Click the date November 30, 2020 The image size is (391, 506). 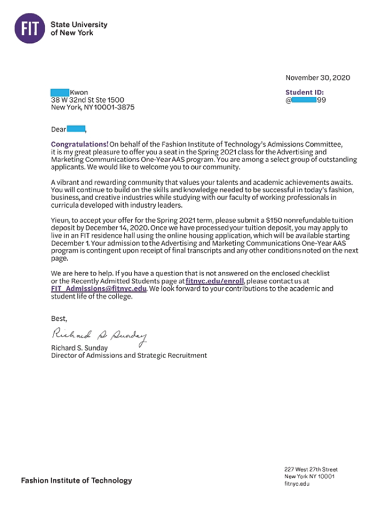[x=317, y=78]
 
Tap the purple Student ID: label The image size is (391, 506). [x=304, y=92]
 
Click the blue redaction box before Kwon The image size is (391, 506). [x=60, y=92]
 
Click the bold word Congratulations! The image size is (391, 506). [x=80, y=143]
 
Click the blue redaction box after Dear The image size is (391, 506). [x=76, y=127]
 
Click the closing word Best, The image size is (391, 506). [x=59, y=318]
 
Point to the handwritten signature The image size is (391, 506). [x=100, y=335]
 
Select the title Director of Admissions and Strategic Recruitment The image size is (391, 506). [x=128, y=356]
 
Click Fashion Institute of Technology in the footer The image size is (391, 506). [x=76, y=480]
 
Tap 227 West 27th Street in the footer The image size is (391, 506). [x=311, y=469]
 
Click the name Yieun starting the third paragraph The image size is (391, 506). [x=60, y=221]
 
